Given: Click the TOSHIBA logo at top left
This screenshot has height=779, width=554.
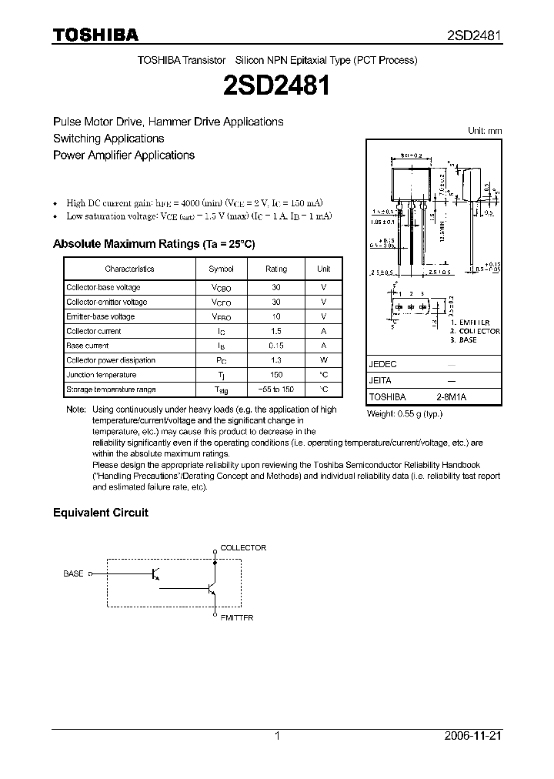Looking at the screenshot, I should tap(95, 35).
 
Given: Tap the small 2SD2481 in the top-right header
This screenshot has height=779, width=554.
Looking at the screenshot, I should tap(475, 35).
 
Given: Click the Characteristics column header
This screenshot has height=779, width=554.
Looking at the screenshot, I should tap(129, 269).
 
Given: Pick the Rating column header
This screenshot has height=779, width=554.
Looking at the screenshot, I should tap(276, 269).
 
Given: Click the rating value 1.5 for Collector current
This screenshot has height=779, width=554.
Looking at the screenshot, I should tap(276, 331).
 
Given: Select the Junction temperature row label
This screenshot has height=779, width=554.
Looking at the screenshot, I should tap(101, 375).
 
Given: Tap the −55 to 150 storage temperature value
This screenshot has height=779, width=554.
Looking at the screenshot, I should tap(276, 389).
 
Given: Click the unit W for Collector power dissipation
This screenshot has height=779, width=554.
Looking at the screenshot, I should tap(324, 360).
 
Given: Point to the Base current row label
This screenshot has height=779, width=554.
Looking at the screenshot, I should tap(88, 346).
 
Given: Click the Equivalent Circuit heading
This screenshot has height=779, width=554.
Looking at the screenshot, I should tap(100, 513).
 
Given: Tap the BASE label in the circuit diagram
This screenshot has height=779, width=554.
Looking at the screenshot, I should tap(74, 573).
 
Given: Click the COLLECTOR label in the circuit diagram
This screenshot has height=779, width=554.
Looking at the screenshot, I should tap(243, 548).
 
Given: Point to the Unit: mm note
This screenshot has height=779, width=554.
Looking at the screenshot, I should tap(485, 131).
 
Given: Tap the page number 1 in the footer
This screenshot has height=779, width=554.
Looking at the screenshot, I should tap(277, 736).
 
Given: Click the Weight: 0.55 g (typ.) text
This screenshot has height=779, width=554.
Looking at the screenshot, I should tap(405, 413).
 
